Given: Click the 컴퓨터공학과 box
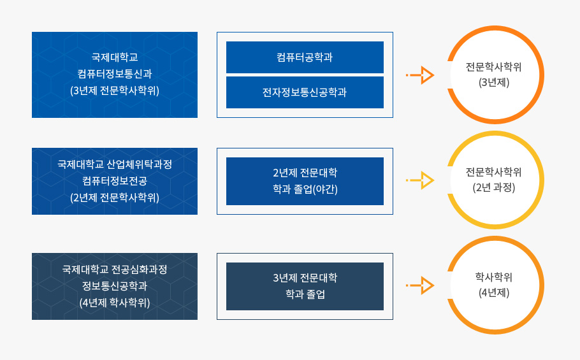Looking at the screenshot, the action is point(305,57).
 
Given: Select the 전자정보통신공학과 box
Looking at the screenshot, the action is point(305,92).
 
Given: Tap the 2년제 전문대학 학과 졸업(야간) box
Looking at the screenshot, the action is point(305,181).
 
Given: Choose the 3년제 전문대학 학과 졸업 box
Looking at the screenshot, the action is point(305,287).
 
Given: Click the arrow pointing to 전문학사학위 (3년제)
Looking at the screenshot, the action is point(420,75).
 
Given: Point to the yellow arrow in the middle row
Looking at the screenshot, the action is point(420,180).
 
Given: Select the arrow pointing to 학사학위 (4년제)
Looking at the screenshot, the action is point(420,285).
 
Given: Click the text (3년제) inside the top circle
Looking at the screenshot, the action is point(494,82).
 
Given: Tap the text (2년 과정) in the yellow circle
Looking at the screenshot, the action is point(494,187).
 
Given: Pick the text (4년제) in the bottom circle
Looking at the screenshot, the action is point(494,292).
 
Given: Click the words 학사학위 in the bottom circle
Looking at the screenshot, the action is point(494,277).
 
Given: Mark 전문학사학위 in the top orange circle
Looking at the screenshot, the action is point(494,67).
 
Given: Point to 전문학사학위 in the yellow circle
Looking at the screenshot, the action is point(494,172).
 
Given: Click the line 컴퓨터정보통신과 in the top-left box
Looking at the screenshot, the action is point(115,73).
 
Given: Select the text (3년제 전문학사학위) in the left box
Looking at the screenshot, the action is point(115,90).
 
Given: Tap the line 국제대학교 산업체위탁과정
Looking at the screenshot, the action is point(115,164).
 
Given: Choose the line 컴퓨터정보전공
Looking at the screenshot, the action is point(115,181).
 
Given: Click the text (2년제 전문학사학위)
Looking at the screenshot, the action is point(115,198).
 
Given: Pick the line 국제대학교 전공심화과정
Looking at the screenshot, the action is point(115,269).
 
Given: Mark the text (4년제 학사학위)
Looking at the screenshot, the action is point(115,303).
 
